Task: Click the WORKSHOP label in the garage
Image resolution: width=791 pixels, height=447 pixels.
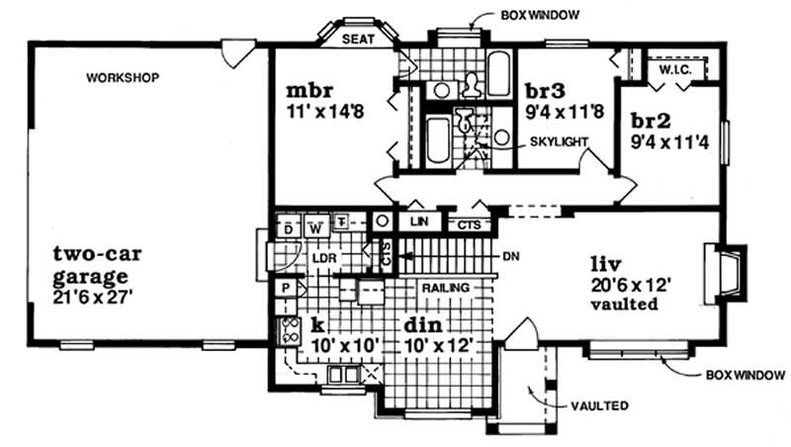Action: click(x=122, y=77)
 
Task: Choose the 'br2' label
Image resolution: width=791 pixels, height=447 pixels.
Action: click(x=653, y=122)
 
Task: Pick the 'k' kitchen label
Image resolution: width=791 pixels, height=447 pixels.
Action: click(x=319, y=324)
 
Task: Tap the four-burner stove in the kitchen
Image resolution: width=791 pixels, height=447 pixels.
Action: click(x=291, y=331)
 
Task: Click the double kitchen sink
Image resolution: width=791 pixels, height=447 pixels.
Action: click(x=340, y=374)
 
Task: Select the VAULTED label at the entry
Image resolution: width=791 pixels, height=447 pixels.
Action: click(x=599, y=405)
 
